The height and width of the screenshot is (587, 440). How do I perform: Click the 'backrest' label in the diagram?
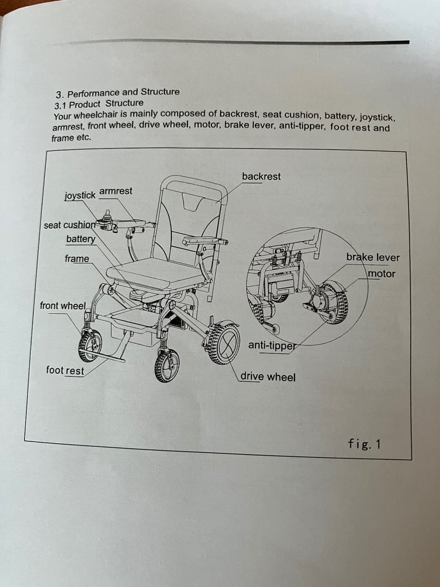click(261, 177)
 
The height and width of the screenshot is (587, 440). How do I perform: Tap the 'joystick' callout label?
click(80, 195)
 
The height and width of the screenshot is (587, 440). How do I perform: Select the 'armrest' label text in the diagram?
click(116, 191)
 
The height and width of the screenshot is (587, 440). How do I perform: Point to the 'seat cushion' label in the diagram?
click(69, 225)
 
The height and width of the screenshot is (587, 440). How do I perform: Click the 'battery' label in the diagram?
click(81, 239)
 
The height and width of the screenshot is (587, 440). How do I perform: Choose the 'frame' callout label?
click(77, 259)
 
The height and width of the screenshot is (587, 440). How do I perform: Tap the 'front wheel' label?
click(63, 306)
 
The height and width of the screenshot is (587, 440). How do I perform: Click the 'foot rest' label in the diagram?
click(65, 370)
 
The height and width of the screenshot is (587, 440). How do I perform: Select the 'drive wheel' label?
click(268, 377)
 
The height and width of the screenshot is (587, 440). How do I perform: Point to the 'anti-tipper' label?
click(272, 345)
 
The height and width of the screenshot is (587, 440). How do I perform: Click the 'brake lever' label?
click(372, 257)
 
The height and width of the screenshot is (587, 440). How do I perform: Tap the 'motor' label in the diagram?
click(382, 273)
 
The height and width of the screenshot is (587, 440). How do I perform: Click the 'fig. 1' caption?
click(364, 444)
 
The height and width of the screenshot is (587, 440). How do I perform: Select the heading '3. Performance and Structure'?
click(117, 92)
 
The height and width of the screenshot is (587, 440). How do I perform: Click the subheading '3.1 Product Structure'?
click(99, 104)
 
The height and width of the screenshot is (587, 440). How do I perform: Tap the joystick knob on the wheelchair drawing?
click(108, 214)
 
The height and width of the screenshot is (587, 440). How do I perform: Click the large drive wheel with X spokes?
click(224, 343)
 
